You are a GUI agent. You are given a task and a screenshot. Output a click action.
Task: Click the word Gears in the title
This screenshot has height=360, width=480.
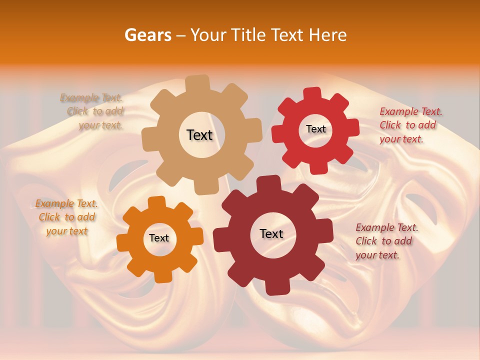[147, 35]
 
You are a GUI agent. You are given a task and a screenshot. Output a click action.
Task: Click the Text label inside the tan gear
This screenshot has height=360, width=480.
[199, 135]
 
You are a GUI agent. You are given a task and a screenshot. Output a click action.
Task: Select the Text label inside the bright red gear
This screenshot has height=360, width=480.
[315, 129]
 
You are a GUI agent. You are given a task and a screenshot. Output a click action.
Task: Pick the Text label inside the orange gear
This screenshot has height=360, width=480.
[159, 238]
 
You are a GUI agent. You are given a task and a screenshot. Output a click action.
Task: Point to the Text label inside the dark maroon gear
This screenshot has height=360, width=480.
[271, 233]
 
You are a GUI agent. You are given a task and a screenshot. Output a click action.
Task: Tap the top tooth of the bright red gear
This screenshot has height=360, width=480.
[312, 94]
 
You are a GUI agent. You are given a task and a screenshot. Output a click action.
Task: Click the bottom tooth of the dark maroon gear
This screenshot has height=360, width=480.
[276, 287]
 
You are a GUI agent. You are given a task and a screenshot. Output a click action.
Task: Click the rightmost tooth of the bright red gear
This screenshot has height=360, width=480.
[353, 127]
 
